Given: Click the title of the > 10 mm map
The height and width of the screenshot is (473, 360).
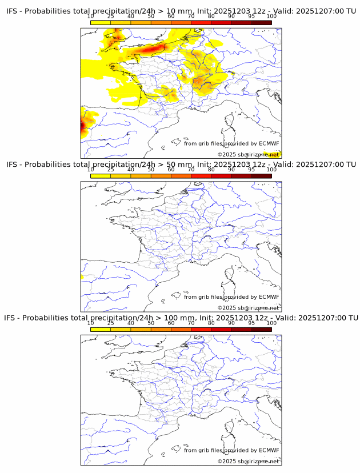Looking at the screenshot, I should pyautogui.click(x=181, y=11).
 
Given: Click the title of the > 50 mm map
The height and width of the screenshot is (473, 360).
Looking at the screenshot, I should pyautogui.click(x=181, y=165).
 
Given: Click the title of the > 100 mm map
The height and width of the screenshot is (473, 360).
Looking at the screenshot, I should pyautogui.click(x=181, y=318).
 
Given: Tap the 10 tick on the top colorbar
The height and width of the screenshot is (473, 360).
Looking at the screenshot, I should pyautogui.click(x=91, y=16).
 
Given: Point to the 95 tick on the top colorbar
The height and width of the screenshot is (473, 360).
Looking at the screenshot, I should pyautogui.click(x=251, y=16).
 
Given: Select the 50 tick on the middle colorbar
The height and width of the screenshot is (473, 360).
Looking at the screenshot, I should pyautogui.click(x=151, y=169).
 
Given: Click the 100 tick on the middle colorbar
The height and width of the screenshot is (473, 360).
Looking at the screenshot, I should pyautogui.click(x=271, y=169).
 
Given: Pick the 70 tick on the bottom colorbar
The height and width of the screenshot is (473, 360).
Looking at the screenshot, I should pyautogui.click(x=191, y=322).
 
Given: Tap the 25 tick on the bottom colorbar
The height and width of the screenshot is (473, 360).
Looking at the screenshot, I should pyautogui.click(x=111, y=322).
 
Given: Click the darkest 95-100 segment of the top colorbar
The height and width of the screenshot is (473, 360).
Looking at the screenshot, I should pyautogui.click(x=261, y=22).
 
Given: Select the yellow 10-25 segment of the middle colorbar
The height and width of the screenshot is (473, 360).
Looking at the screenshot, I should pyautogui.click(x=101, y=176).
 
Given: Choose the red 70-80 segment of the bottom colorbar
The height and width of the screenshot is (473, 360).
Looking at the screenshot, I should pyautogui.click(x=201, y=329).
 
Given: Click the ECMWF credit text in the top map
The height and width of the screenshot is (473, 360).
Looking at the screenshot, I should pyautogui.click(x=231, y=143).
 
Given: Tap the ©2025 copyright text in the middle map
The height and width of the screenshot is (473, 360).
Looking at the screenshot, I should pyautogui.click(x=248, y=308).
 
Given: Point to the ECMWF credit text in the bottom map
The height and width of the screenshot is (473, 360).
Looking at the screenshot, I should pyautogui.click(x=231, y=450).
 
